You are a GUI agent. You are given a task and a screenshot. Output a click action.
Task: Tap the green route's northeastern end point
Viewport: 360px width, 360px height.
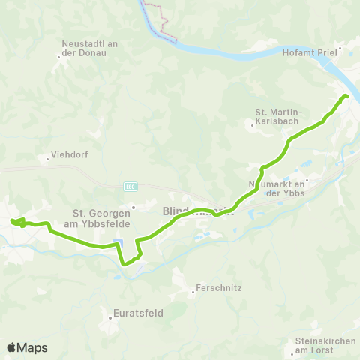346,96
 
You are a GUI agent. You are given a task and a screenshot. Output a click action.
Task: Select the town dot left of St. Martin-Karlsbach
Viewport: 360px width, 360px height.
253,125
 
